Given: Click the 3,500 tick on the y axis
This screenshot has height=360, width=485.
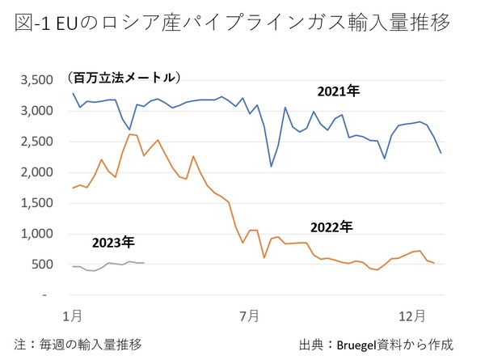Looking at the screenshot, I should (x=39, y=80).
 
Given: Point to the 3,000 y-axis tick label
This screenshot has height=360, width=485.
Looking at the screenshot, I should (x=39, y=111).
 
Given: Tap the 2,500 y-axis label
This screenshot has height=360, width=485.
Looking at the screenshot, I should (x=39, y=142).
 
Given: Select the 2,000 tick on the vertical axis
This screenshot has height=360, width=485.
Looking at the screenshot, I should (x=39, y=172).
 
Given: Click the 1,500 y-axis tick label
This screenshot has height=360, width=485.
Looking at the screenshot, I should (x=39, y=203).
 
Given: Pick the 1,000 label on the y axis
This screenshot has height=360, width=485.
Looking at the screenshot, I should (x=39, y=234).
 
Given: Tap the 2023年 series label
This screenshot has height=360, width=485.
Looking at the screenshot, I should (x=114, y=241).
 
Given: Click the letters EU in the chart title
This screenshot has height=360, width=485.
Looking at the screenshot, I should (x=70, y=23).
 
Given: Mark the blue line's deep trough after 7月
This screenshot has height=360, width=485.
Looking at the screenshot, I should (x=271, y=166).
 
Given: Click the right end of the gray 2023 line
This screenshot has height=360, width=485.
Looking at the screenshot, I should (x=144, y=263).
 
